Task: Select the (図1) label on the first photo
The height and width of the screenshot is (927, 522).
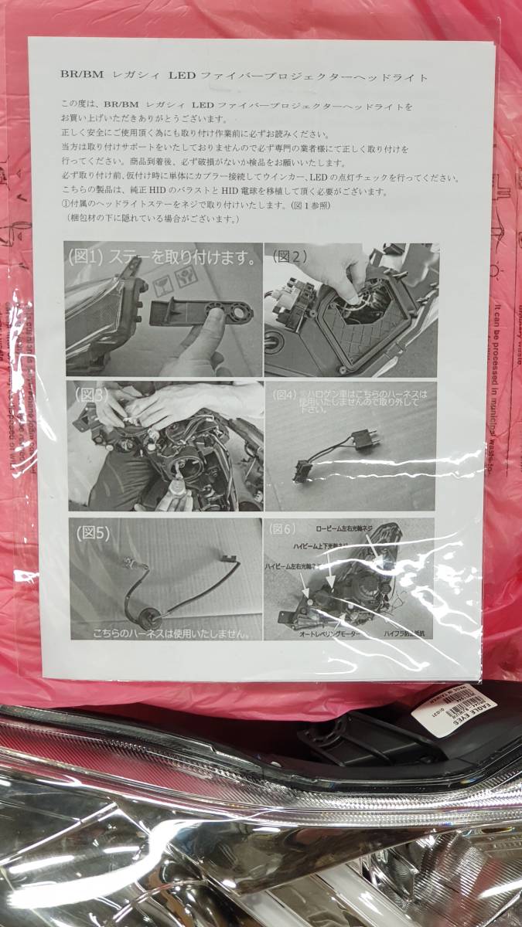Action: pyautogui.click(x=90, y=256)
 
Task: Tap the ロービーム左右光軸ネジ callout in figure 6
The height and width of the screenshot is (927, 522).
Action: pyautogui.click(x=355, y=529)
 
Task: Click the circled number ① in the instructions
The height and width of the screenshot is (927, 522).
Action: pyautogui.click(x=64, y=205)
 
